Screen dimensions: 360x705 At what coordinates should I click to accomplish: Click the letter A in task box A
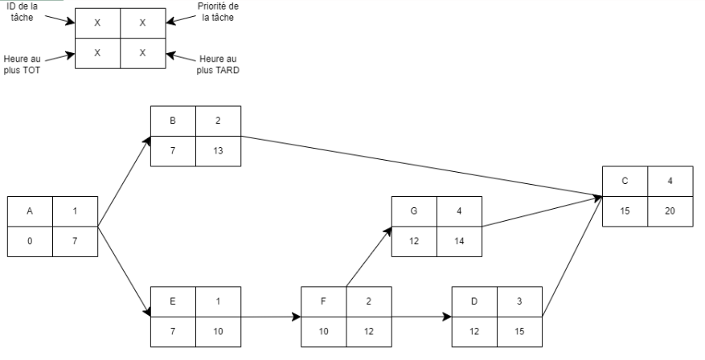coord(30,211)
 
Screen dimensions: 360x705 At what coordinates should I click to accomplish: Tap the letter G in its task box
coord(414,212)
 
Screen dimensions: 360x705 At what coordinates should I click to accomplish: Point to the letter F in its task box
coord(324,302)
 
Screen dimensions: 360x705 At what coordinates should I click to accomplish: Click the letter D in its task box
coord(474,302)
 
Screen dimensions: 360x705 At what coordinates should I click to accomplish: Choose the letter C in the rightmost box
coord(625,181)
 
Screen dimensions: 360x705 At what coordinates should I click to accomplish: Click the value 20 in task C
coord(670,211)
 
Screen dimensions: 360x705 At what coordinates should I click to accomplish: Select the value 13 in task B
coord(219,151)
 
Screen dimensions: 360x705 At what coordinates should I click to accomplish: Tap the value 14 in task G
coord(459,242)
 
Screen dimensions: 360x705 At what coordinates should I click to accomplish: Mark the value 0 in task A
coord(30,241)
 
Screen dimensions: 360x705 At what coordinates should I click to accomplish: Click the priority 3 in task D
coord(519,302)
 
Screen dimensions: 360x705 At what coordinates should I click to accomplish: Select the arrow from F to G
coord(369,256)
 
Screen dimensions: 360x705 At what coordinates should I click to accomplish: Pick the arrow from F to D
coord(422,317)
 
